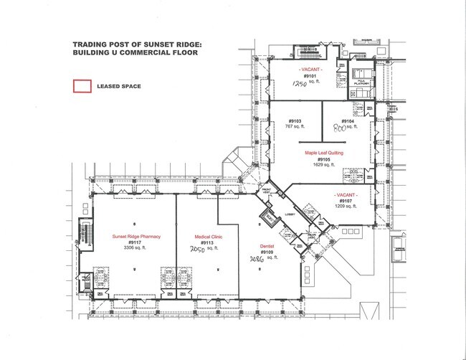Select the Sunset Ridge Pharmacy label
pyautogui.click(x=135, y=236)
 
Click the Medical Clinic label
pyautogui.click(x=207, y=236)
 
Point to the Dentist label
pyautogui.click(x=267, y=246)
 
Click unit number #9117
pyautogui.click(x=135, y=242)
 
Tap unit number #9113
pyautogui.click(x=207, y=242)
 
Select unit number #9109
pyautogui.click(x=267, y=252)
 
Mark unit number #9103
pyautogui.click(x=295, y=120)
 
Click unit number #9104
pyautogui.click(x=348, y=121)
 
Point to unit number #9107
pyautogui.click(x=345, y=201)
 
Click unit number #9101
pyautogui.click(x=310, y=75)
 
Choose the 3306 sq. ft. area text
pyautogui.click(x=135, y=249)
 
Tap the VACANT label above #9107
pyautogui.click(x=345, y=194)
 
